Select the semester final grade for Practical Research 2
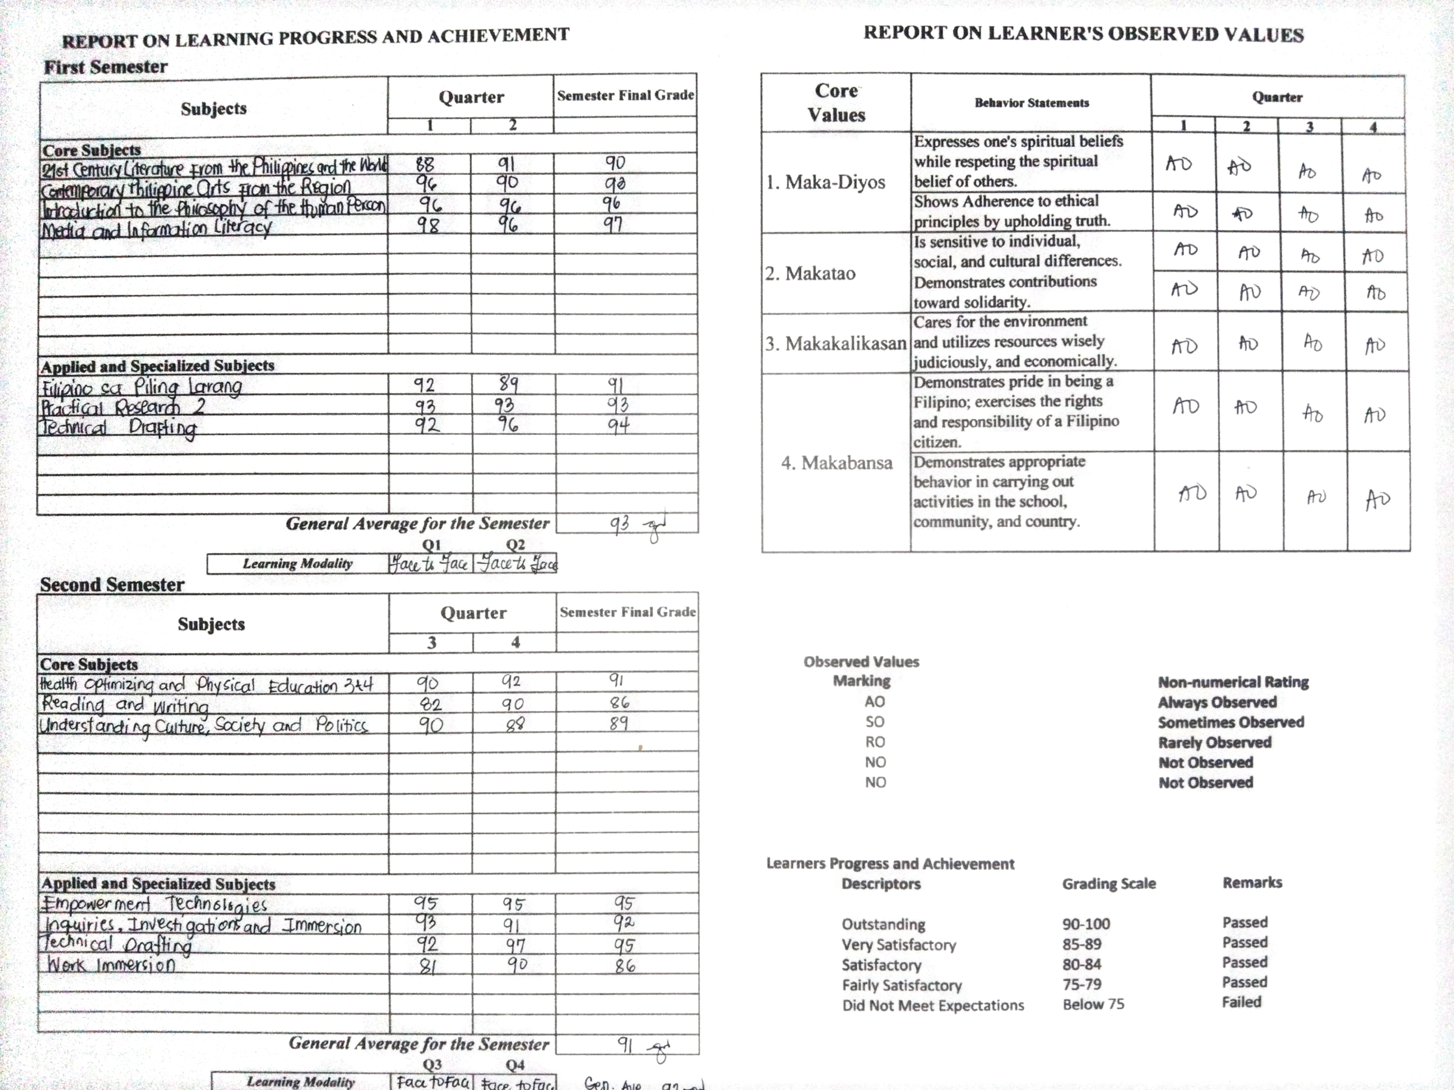(x=618, y=404)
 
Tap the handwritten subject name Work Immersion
(x=111, y=965)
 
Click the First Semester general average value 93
(x=619, y=524)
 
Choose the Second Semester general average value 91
(x=624, y=1043)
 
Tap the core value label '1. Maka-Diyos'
(x=826, y=182)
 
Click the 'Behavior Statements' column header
(x=1031, y=102)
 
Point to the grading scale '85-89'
(x=1081, y=944)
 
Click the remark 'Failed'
(x=1241, y=1002)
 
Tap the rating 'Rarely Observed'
(x=1214, y=742)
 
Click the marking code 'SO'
(x=874, y=722)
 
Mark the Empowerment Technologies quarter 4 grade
(x=513, y=904)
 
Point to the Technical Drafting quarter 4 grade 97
(x=515, y=945)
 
